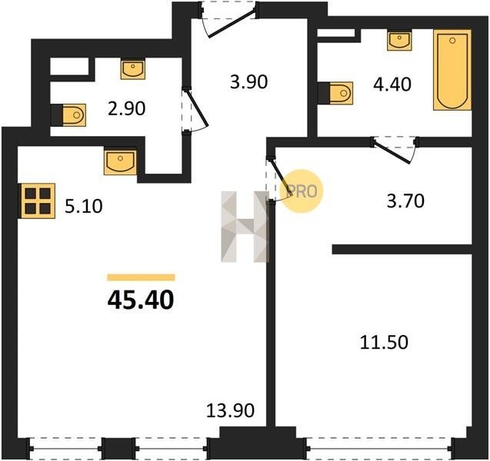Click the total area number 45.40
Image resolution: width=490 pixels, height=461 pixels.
(x=141, y=300)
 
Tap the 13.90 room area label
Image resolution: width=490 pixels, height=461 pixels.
(x=230, y=410)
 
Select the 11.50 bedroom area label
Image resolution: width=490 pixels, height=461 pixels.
(x=384, y=342)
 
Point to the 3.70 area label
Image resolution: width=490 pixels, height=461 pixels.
(x=405, y=201)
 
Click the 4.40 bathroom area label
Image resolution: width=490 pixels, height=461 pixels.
(x=392, y=85)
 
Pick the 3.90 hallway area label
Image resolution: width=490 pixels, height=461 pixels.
(x=248, y=82)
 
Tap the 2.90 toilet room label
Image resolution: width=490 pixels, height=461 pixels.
(x=127, y=108)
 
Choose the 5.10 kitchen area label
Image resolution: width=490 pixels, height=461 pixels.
(x=83, y=207)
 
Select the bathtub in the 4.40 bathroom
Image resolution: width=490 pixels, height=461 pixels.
(x=452, y=70)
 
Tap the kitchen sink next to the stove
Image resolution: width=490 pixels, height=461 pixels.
(x=120, y=162)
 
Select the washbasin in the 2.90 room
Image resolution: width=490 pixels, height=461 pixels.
(x=133, y=70)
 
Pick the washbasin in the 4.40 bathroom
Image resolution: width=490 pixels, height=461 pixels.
(x=399, y=41)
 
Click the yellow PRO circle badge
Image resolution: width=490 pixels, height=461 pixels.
(x=301, y=191)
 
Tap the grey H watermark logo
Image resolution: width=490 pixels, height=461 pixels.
(x=245, y=227)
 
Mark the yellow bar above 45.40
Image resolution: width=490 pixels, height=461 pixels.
(x=141, y=277)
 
